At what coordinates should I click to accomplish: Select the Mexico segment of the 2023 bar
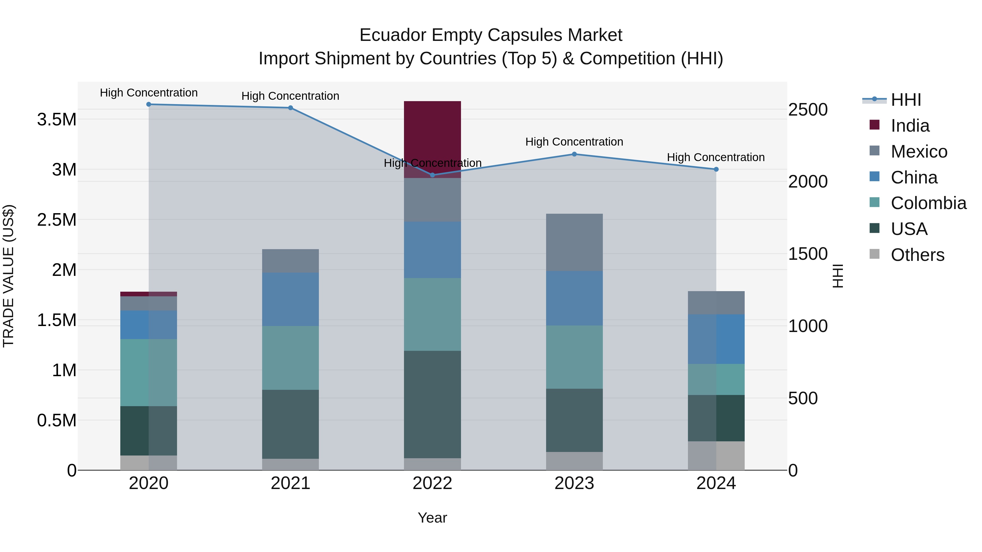tap(574, 242)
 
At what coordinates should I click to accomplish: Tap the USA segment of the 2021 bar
tap(290, 424)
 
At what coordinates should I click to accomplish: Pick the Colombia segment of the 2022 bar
tap(432, 314)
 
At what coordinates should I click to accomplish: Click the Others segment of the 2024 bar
tap(716, 456)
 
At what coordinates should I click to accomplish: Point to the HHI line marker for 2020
tap(149, 104)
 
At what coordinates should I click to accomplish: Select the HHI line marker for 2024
tap(716, 169)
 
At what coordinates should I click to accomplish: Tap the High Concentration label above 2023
tap(574, 142)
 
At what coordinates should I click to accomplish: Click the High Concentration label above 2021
tap(290, 96)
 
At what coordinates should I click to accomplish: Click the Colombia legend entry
tap(928, 203)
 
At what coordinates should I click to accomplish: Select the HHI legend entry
tap(905, 100)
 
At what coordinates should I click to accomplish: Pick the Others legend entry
tap(917, 255)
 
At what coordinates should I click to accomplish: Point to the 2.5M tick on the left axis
tap(57, 220)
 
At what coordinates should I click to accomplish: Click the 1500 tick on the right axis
tap(808, 254)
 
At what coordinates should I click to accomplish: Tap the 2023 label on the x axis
tap(574, 483)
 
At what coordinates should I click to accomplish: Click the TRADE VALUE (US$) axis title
tap(8, 276)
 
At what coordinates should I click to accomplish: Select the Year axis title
tap(432, 518)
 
